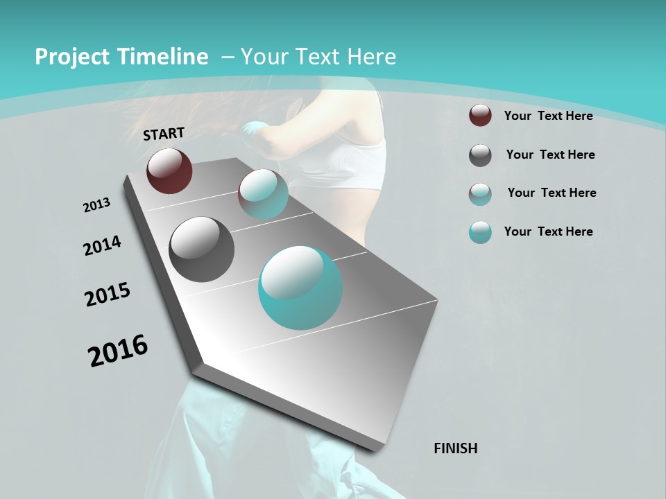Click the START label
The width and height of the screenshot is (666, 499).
164,134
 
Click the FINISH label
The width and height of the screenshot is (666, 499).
456,448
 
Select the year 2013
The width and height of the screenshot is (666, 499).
97,205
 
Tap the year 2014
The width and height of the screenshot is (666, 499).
102,246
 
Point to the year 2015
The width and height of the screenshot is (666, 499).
108,295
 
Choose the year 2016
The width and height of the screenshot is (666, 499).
118,351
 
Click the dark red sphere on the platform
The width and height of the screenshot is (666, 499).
169,170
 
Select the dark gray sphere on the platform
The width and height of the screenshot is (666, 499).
201,249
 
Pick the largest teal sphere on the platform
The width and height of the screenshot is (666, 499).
300,288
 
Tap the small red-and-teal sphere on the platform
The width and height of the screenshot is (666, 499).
264,194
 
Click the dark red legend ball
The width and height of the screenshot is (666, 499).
480,115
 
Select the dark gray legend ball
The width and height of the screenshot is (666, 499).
480,155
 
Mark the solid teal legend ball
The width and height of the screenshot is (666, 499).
480,232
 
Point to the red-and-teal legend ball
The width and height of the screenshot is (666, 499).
480,194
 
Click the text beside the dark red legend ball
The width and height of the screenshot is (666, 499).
548,116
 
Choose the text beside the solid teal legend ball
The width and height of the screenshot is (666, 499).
548,231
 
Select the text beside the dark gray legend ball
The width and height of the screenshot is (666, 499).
550,155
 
